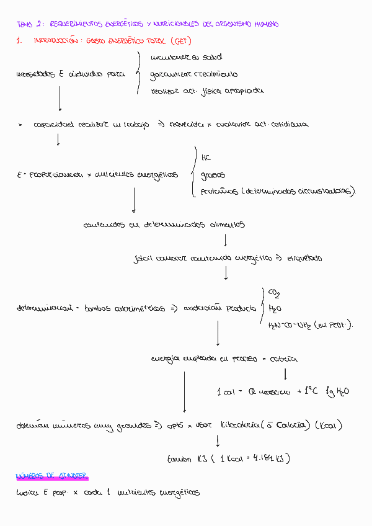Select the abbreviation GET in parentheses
point(177,41)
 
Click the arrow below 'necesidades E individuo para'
point(60,97)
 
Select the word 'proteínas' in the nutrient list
point(219,192)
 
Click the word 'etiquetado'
point(303,257)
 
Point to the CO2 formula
point(273,292)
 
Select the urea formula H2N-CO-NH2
point(289,324)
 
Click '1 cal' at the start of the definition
point(224,391)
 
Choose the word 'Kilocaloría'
point(236,426)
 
